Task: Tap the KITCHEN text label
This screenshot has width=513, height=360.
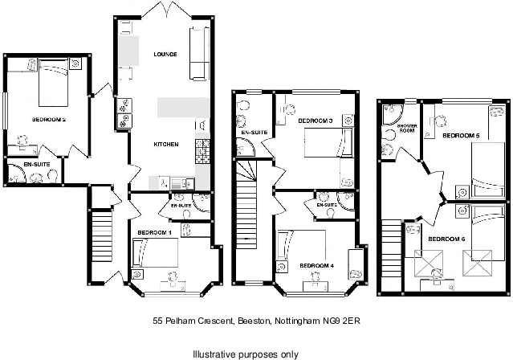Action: (x=166, y=144)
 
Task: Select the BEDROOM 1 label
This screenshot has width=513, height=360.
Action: (x=154, y=232)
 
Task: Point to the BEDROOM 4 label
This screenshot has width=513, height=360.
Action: (x=316, y=265)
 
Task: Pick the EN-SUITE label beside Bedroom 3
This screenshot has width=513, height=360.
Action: (x=254, y=132)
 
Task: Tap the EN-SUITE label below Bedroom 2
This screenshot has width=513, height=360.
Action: (x=35, y=164)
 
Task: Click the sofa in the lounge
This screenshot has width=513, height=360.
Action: (x=199, y=53)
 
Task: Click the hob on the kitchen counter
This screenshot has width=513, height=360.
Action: (x=202, y=149)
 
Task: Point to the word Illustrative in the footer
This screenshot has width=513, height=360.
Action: (x=214, y=353)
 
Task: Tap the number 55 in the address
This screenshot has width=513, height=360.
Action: (x=158, y=320)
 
